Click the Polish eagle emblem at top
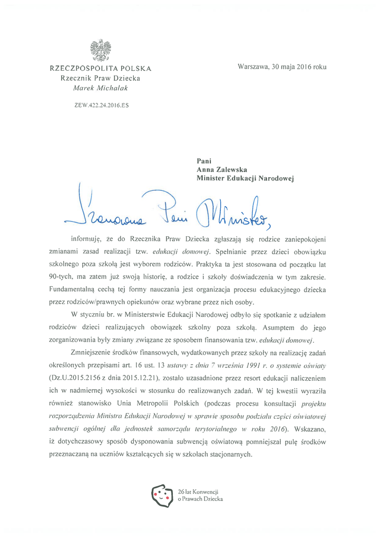click(101, 51)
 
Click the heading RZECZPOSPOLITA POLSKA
click(101, 69)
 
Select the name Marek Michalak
click(101, 88)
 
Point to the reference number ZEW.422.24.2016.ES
click(101, 105)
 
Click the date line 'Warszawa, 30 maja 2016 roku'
click(282, 67)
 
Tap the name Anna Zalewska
click(222, 170)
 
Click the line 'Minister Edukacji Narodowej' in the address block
click(245, 179)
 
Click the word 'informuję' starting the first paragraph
click(87, 238)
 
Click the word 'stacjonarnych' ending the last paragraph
click(229, 455)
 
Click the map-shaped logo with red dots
click(162, 495)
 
